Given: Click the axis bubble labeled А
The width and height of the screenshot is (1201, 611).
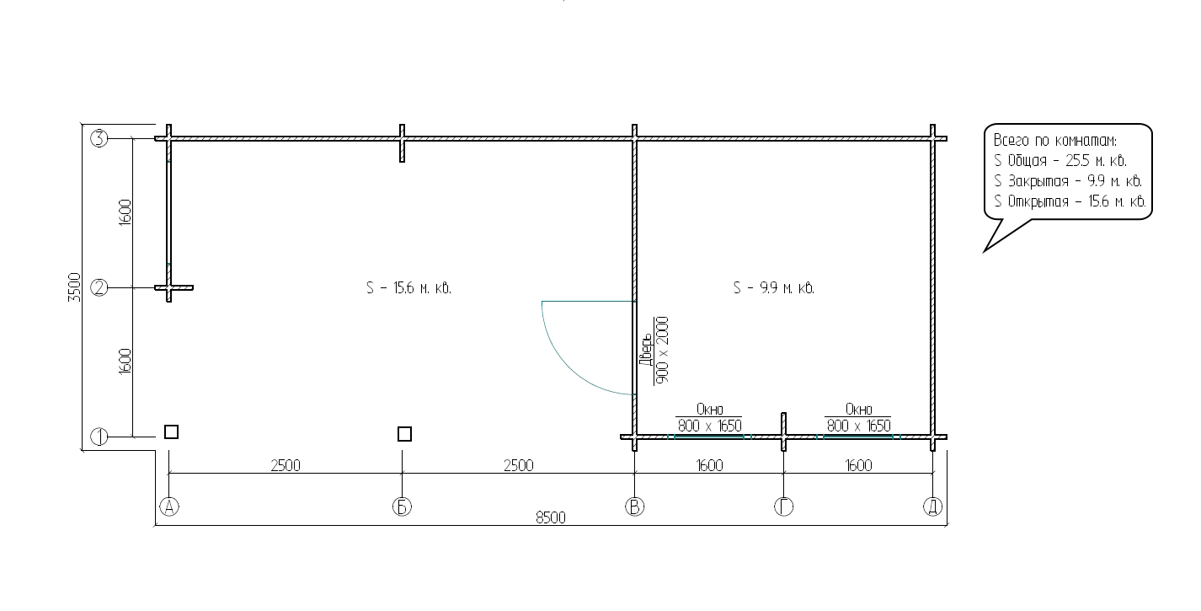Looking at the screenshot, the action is pyautogui.click(x=169, y=506).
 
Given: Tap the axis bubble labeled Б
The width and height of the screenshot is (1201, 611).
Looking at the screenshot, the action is pyautogui.click(x=402, y=506).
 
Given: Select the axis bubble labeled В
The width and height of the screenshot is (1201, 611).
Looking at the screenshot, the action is pyautogui.click(x=635, y=506).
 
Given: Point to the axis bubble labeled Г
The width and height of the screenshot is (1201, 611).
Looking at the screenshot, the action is pyautogui.click(x=784, y=506).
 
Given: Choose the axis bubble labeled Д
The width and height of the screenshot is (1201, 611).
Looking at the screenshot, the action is pyautogui.click(x=933, y=506).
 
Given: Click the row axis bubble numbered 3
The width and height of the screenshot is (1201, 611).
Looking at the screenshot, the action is pyautogui.click(x=99, y=139).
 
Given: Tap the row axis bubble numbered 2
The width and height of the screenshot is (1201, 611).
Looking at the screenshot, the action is pyautogui.click(x=99, y=288).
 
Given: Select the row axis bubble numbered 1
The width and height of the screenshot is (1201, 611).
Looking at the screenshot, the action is pyautogui.click(x=99, y=437).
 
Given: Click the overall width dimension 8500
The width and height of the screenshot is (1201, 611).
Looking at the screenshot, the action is pyautogui.click(x=551, y=517).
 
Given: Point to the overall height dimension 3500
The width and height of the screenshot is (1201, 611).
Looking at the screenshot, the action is pyautogui.click(x=74, y=287).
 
